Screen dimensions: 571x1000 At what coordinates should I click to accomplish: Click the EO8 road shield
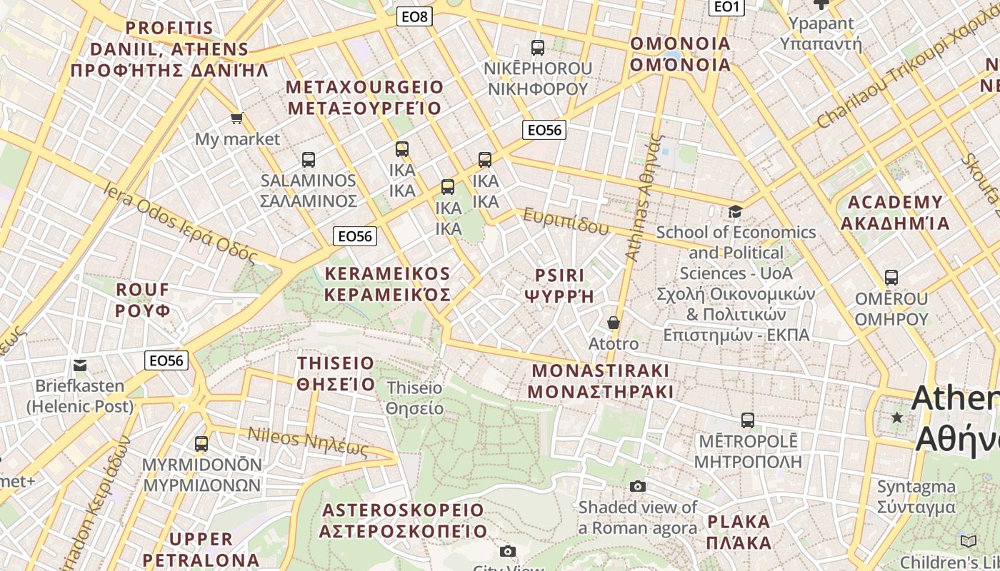[x=414, y=16]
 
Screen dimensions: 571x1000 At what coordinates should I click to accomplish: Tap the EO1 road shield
[x=726, y=6]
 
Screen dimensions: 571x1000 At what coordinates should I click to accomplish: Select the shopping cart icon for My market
[x=236, y=118]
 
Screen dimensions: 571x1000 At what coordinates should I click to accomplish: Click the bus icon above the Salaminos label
[x=309, y=160]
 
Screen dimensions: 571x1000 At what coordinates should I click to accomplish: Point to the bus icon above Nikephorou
[x=538, y=48]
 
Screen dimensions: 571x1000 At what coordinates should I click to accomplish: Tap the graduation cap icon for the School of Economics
[x=735, y=211]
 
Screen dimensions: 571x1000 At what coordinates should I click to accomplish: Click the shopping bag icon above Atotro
[x=613, y=323]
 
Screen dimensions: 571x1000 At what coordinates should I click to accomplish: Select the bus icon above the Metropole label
[x=748, y=420]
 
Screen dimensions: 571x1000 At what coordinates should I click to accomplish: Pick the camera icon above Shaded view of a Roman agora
[x=638, y=487]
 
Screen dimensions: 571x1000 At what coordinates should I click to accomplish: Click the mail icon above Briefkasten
[x=80, y=365]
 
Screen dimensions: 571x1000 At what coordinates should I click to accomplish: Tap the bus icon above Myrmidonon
[x=201, y=444]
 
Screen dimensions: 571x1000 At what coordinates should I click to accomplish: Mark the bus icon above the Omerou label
[x=891, y=278]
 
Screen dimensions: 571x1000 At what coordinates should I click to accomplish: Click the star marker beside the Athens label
[x=897, y=417]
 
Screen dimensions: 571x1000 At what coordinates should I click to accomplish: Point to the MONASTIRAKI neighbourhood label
[x=601, y=381]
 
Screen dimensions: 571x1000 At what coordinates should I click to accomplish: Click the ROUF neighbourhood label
[x=143, y=300]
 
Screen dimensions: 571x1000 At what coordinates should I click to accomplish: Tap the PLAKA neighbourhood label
[x=739, y=532]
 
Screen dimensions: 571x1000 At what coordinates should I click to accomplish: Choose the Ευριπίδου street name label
[x=566, y=222]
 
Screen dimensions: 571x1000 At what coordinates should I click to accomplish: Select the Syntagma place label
[x=916, y=497]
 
